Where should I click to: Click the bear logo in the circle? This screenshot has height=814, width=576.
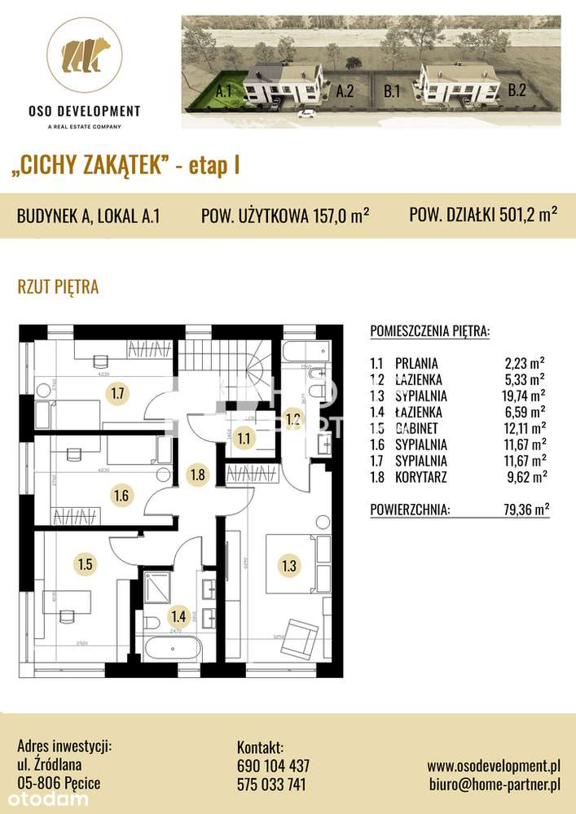click(86, 55)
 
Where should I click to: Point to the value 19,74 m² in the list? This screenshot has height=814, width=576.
click(525, 396)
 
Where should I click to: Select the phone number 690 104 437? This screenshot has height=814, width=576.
click(273, 766)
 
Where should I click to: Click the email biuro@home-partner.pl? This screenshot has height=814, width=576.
click(494, 785)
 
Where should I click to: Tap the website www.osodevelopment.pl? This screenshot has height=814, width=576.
click(494, 766)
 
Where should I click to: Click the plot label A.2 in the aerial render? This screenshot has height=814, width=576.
click(345, 93)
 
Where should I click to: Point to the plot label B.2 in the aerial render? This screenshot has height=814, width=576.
click(517, 91)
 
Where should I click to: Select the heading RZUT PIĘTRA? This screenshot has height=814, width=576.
click(58, 287)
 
